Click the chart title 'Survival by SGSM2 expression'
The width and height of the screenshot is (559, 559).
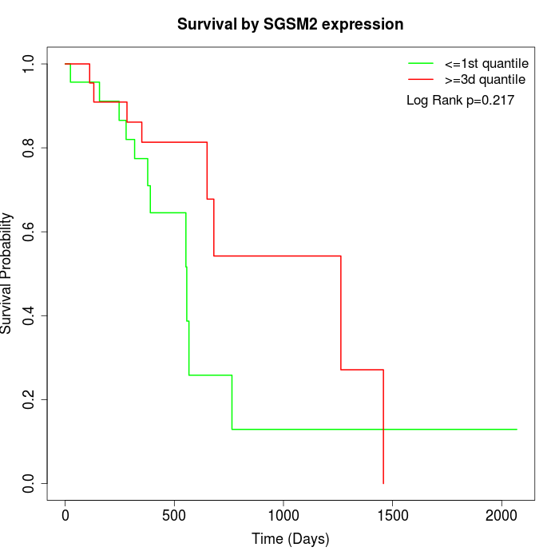[290, 25]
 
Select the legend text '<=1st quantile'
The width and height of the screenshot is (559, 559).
[486, 63]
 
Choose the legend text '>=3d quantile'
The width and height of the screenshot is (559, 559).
[485, 79]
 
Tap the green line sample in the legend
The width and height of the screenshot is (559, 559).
[421, 63]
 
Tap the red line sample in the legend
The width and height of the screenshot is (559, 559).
[421, 79]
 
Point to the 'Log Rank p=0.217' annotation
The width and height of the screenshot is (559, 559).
[460, 100]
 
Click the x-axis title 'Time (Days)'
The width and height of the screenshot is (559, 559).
[290, 539]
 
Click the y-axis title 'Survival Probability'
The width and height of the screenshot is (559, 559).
[7, 273]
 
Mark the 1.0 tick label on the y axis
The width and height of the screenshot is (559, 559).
[30, 64]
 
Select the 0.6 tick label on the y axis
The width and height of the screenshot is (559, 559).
[30, 232]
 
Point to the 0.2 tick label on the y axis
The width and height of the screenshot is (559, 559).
[30, 399]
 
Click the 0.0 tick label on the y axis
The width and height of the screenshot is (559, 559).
[30, 483]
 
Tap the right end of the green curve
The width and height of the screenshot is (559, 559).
[517, 430]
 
